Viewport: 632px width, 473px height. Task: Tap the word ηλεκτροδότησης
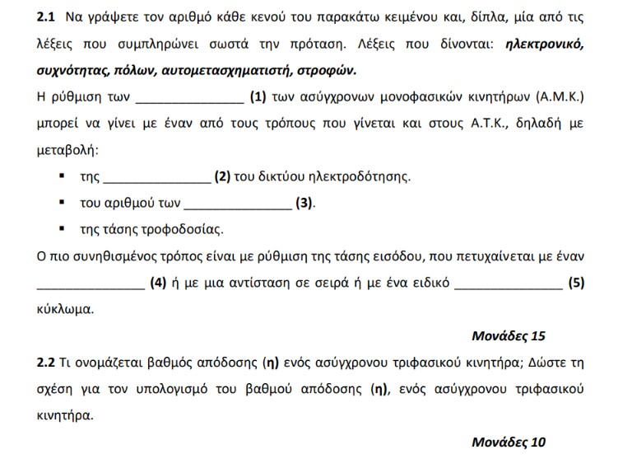(x=359, y=177)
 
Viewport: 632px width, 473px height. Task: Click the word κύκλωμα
(x=66, y=311)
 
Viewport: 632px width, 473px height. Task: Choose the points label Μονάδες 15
(x=508, y=336)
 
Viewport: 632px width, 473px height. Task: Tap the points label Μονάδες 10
(x=508, y=442)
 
